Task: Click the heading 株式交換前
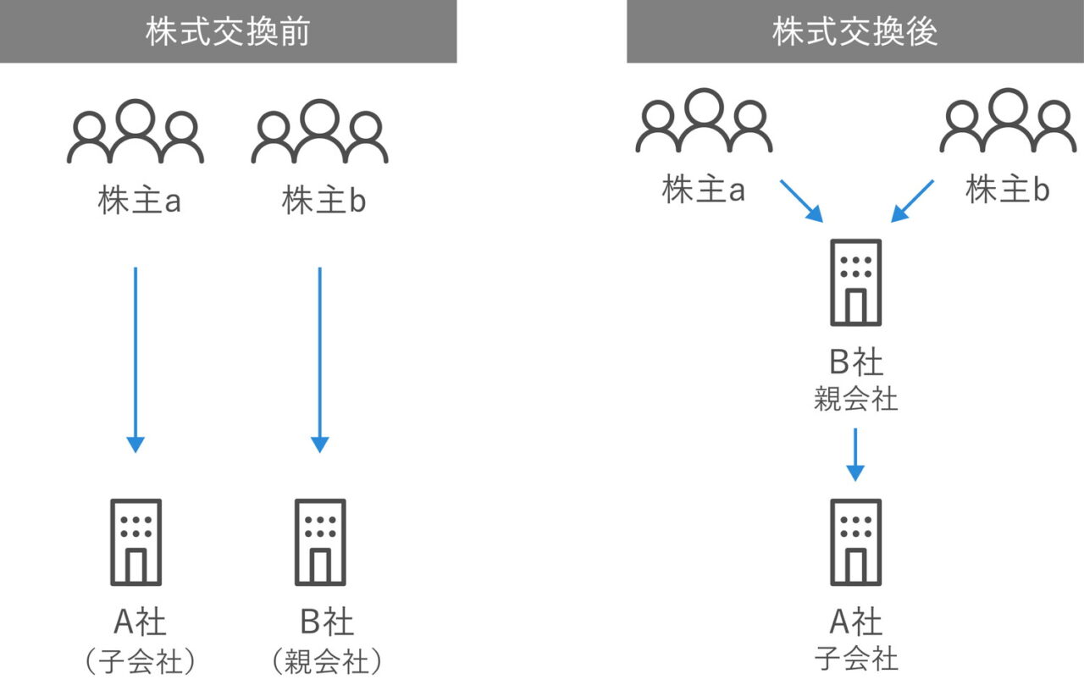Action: pyautogui.click(x=228, y=31)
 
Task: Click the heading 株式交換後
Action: pyautogui.click(x=854, y=31)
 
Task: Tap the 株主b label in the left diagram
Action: pyautogui.click(x=324, y=202)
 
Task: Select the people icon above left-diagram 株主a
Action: pyautogui.click(x=135, y=132)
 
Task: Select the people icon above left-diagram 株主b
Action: pyautogui.click(x=319, y=132)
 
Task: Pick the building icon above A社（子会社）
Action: pyautogui.click(x=135, y=542)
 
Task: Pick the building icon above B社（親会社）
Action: pyautogui.click(x=319, y=542)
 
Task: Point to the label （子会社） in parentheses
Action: pyautogui.click(x=140, y=661)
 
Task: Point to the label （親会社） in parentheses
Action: pyautogui.click(x=326, y=661)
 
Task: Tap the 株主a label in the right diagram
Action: pyautogui.click(x=703, y=191)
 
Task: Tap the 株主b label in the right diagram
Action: pyautogui.click(x=1007, y=191)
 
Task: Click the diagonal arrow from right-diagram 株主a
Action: pyautogui.click(x=801, y=201)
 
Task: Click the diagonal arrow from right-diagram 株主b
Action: pyautogui.click(x=912, y=201)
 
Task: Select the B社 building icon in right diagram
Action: pyautogui.click(x=855, y=282)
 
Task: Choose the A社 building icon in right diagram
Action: pyautogui.click(x=855, y=542)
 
